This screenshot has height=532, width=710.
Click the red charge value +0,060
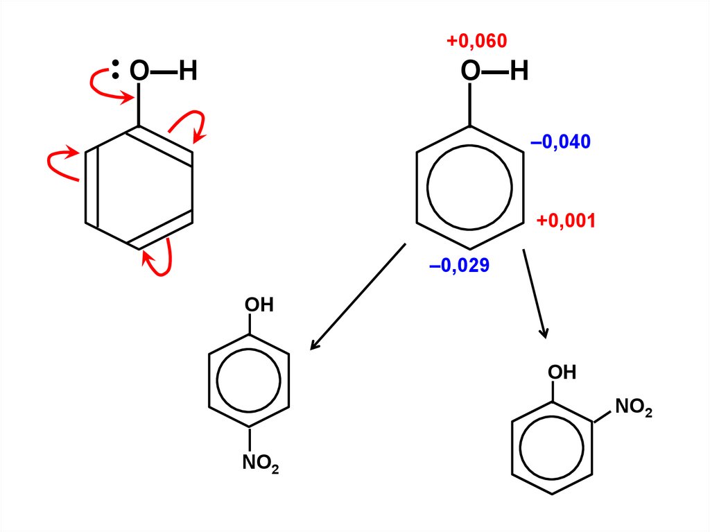point(477,42)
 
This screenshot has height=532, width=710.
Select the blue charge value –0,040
point(560,143)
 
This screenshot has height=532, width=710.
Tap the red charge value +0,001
point(566,221)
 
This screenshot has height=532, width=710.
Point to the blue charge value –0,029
point(460,265)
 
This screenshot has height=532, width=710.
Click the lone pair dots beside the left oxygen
point(116,70)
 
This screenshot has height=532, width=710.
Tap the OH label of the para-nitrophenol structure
point(259,305)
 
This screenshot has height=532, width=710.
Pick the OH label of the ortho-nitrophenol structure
point(562,372)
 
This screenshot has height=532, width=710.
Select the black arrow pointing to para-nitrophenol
point(356,297)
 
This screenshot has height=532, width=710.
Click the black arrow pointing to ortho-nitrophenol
point(535,291)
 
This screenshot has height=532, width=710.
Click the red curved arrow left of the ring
point(58,162)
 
